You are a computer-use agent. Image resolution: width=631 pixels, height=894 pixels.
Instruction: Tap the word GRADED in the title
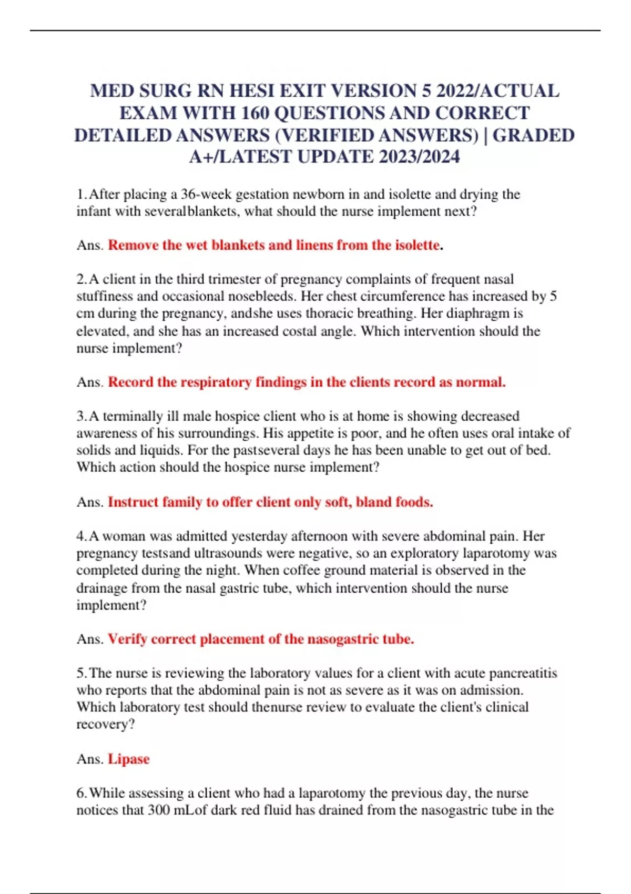pyautogui.click(x=533, y=135)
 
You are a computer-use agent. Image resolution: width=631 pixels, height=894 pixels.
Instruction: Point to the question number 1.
pyautogui.click(x=81, y=195)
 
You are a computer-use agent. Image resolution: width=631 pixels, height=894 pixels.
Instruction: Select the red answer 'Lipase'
pyautogui.click(x=129, y=759)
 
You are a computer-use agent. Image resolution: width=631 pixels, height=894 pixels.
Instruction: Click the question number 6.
pyautogui.click(x=81, y=793)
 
